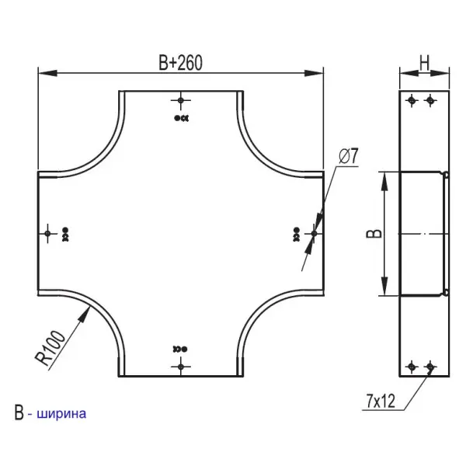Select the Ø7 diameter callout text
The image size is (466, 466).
pos(349,155)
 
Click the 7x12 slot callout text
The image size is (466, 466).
pos(380,401)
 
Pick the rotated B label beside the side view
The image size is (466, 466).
pos(372,234)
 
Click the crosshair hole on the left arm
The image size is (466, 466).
pos(48,233)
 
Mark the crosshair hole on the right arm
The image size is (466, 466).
pos(314,233)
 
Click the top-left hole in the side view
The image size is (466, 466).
pos(412,100)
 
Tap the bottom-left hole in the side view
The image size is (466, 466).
pos(412,366)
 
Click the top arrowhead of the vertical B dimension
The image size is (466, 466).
pos(382,177)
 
